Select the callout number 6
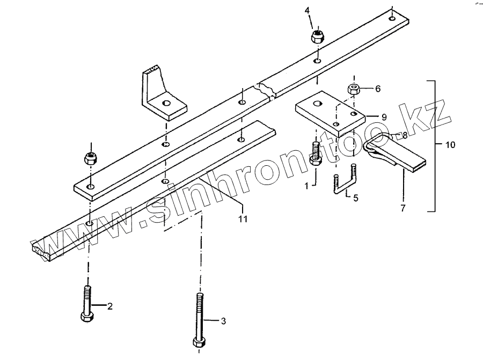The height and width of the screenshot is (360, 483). click(x=377, y=89)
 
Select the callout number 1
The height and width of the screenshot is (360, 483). click(x=306, y=186)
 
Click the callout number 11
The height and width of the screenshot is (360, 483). click(x=243, y=218)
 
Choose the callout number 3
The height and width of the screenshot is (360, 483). click(x=224, y=321)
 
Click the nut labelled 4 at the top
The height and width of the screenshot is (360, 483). click(x=318, y=37)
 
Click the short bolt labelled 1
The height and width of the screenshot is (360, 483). click(x=316, y=153)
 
